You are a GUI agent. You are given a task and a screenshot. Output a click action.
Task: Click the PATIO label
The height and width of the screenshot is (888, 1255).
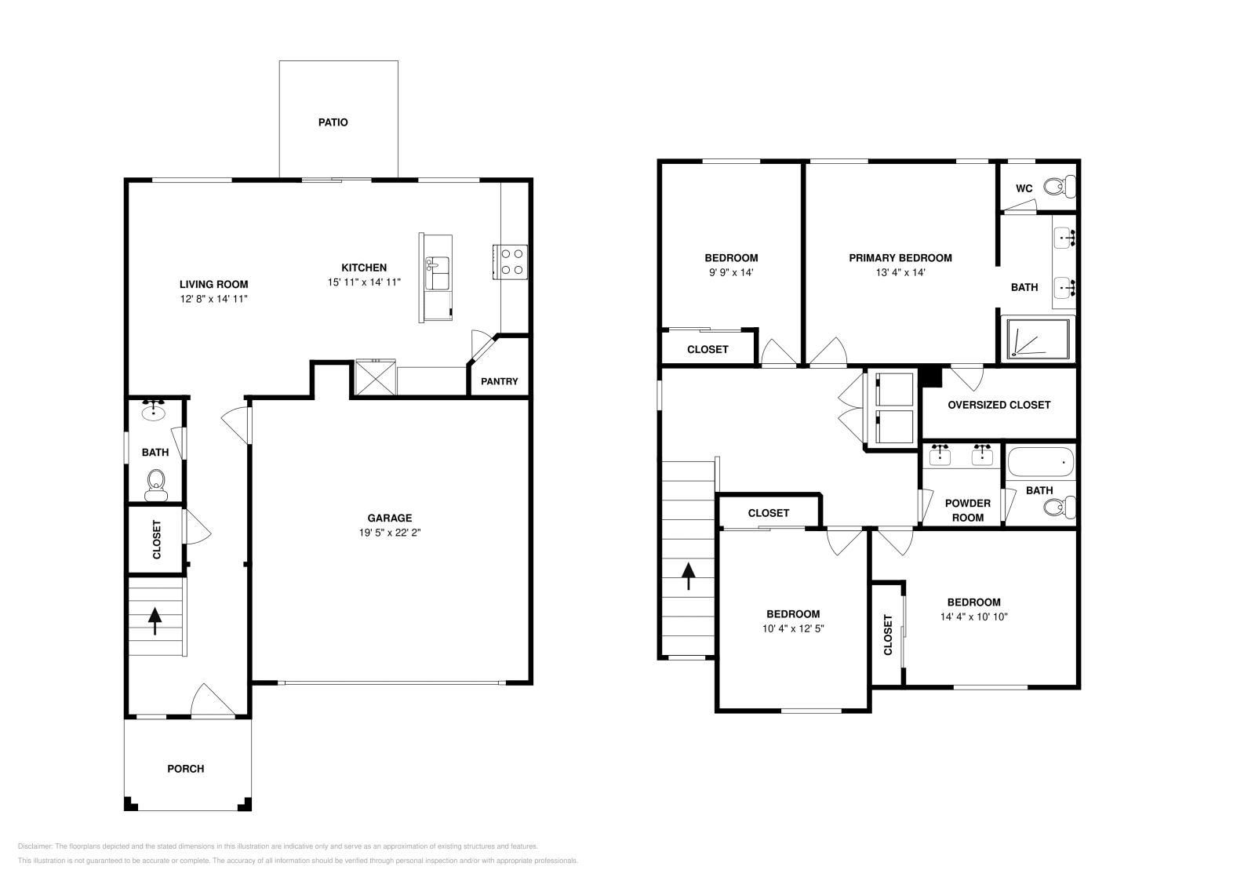coord(333,122)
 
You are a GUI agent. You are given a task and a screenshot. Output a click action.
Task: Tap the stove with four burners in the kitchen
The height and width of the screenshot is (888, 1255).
coord(511,261)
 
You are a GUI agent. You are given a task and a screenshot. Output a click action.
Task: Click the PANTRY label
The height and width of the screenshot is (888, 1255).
coord(499,381)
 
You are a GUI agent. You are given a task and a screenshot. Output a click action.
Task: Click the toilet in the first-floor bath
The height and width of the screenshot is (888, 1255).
coord(155,484)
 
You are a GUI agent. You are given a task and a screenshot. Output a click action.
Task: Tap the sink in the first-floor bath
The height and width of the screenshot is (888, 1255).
coord(153,410)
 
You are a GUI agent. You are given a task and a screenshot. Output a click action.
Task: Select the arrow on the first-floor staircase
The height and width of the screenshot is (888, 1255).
coord(155,620)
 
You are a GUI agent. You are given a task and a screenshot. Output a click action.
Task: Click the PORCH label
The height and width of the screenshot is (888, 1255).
coord(186,769)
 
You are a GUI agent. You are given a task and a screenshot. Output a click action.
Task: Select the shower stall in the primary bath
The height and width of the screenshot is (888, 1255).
coord(1038,338)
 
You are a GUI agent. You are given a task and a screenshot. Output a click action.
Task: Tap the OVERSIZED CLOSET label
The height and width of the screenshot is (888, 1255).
coord(999,405)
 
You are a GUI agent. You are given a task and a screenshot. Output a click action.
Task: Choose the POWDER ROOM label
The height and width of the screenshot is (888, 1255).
coord(967,510)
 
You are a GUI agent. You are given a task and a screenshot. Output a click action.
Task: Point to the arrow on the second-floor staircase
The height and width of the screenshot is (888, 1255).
coord(689,576)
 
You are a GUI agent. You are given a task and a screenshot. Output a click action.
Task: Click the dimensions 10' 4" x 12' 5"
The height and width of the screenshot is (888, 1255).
coord(793,628)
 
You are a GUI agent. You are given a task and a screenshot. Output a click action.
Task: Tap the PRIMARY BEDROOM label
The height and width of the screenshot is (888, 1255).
coord(900,258)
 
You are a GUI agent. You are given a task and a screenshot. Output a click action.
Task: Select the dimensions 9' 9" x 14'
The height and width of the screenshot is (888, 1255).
coord(730,272)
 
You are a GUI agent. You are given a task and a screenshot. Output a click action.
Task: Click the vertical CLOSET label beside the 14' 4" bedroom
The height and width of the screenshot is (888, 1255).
coord(888,635)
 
